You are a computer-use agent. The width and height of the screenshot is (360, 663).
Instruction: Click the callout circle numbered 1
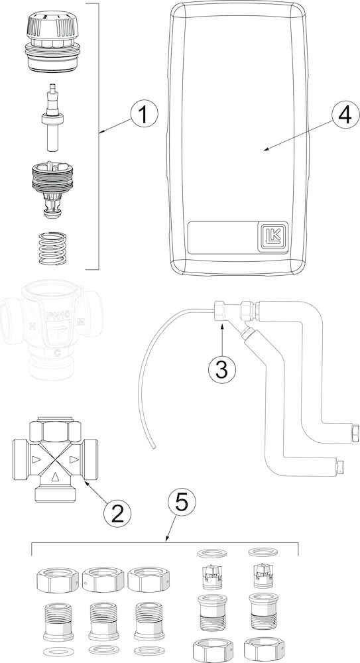point(143,114)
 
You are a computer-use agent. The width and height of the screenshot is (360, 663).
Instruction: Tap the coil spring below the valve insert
point(51,248)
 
